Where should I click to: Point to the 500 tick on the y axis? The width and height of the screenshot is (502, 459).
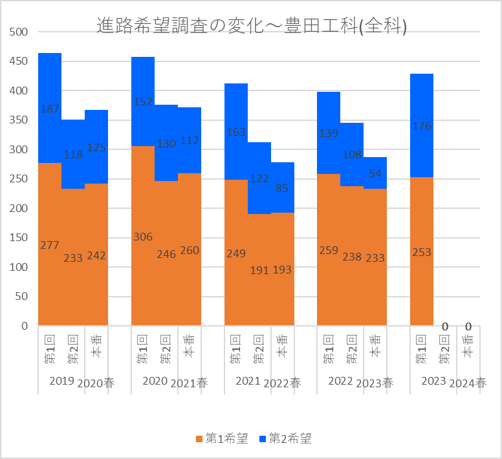pyautogui.click(x=20, y=32)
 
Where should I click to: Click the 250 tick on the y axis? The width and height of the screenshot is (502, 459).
pyautogui.click(x=20, y=179)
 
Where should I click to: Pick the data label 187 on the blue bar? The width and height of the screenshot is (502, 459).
pyautogui.click(x=50, y=109)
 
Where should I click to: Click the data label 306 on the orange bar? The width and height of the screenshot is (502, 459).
pyautogui.click(x=143, y=237)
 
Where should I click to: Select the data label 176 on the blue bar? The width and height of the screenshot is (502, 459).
pyautogui.click(x=422, y=127)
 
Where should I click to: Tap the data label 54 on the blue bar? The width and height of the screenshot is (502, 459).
pyautogui.click(x=375, y=173)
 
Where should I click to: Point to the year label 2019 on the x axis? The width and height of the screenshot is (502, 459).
pyautogui.click(x=62, y=381)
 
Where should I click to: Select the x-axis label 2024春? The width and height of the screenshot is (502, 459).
pyautogui.click(x=468, y=383)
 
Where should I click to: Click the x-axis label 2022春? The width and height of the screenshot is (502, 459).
pyautogui.click(x=282, y=383)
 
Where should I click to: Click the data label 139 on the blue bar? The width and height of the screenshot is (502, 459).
pyautogui.click(x=329, y=133)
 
